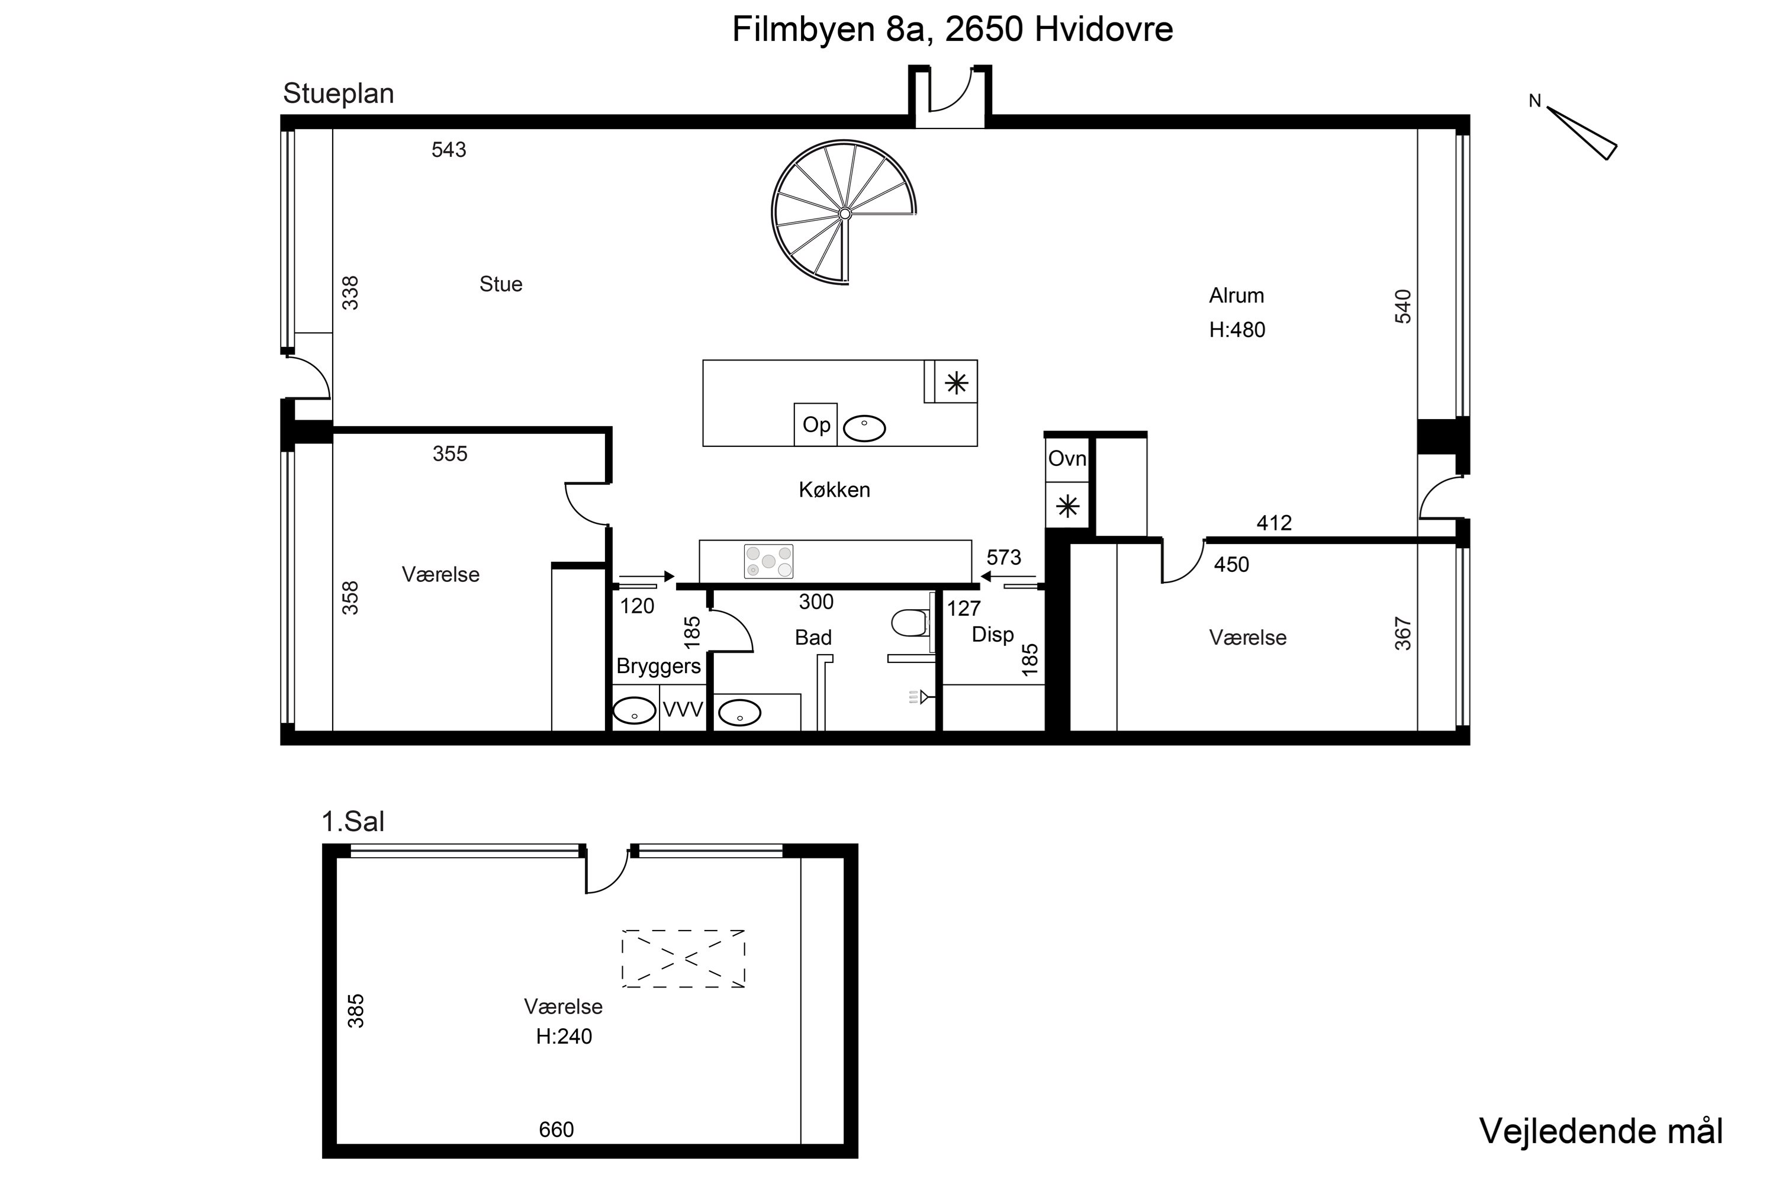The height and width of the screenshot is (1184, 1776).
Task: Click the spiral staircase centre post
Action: pos(845,214)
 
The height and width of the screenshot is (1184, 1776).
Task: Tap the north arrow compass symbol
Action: pos(1581,131)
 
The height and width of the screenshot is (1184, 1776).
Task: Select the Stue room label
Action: pos(501,284)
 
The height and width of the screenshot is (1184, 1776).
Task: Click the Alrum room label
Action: pos(1236,295)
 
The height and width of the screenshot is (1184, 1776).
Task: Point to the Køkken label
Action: pos(834,490)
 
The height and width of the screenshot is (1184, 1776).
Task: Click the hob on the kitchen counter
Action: pos(768,561)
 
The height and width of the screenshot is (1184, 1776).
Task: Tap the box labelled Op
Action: pos(816,424)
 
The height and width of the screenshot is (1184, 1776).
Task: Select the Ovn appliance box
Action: pos(1067,459)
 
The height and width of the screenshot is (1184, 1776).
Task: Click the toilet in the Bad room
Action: pos(910,623)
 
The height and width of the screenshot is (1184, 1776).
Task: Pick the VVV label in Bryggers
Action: pos(683,710)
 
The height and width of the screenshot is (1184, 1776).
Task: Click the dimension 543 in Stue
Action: pos(449,150)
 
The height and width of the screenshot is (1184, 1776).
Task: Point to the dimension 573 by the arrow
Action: pos(1003,557)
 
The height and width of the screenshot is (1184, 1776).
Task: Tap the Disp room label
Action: pos(992,634)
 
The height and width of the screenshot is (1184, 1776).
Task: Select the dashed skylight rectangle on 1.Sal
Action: pos(683,959)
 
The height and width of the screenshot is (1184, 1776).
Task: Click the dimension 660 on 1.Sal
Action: pos(556,1130)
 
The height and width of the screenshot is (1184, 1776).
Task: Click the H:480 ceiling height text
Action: pos(1237,330)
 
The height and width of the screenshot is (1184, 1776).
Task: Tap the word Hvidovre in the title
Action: pos(1104,30)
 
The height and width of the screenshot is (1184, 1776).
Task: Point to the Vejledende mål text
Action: pos(1601,1131)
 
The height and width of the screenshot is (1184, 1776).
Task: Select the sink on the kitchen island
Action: pos(864,428)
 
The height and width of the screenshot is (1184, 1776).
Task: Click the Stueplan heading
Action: pos(338,94)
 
